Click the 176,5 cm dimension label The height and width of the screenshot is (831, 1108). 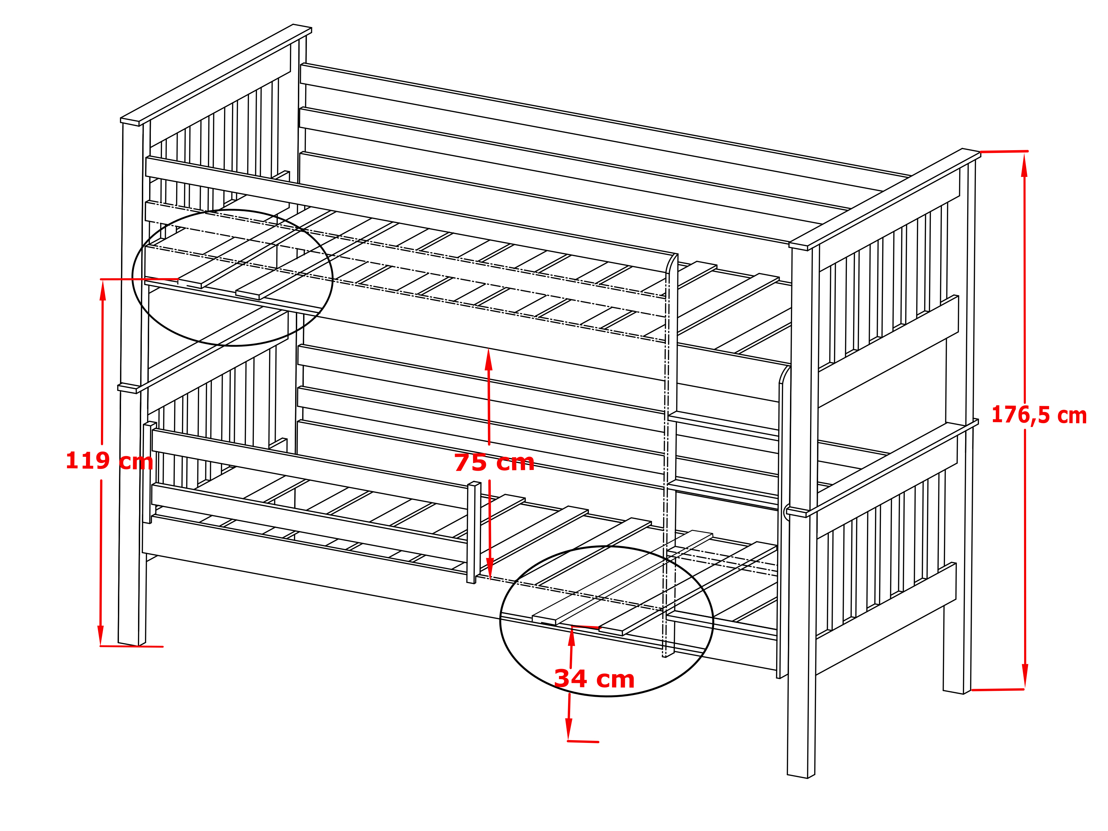[1039, 415]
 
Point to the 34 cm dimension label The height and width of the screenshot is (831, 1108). [594, 679]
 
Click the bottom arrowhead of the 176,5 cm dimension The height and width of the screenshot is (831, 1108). [1025, 676]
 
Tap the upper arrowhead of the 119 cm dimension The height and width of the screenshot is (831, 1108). [103, 291]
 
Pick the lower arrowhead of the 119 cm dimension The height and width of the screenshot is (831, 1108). [101, 635]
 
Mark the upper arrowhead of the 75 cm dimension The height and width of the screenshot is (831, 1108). [488, 359]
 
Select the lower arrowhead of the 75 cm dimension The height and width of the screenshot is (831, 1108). [490, 568]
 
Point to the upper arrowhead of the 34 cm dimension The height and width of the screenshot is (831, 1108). [572, 636]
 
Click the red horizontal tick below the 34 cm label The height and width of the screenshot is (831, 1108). [583, 741]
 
